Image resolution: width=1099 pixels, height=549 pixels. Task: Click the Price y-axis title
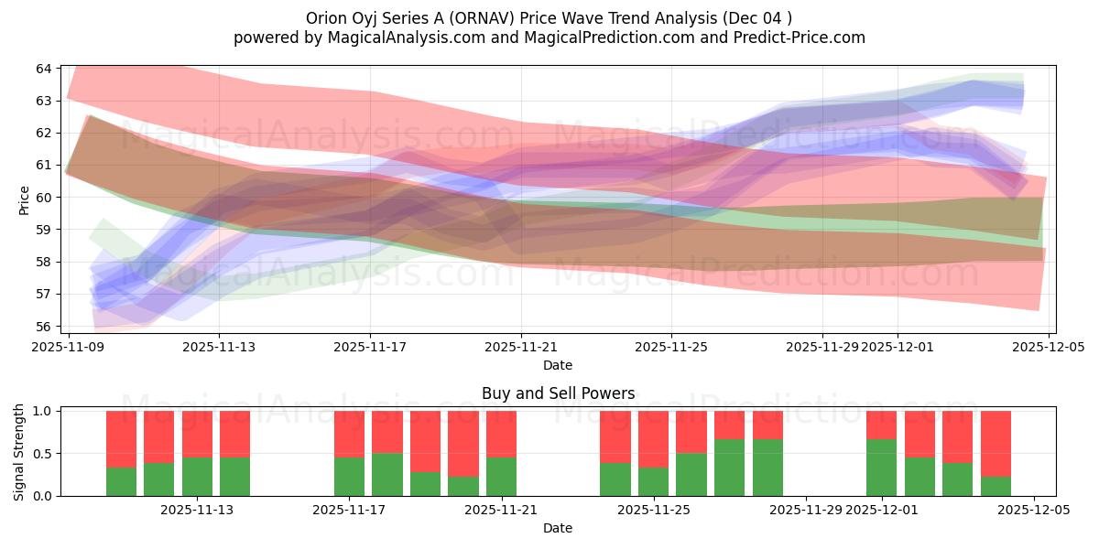tap(24, 199)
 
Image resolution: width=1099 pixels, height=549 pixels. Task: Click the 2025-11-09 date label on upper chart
tap(69, 347)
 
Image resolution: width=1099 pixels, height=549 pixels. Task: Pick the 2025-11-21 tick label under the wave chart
tap(521, 347)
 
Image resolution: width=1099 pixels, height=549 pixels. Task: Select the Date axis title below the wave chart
tap(558, 365)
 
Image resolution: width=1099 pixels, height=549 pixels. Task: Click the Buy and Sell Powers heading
tap(558, 393)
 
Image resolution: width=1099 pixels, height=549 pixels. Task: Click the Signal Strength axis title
tap(19, 453)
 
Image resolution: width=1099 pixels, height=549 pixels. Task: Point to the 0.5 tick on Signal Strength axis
tap(44, 454)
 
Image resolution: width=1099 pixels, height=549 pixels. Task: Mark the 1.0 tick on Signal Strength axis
tap(44, 411)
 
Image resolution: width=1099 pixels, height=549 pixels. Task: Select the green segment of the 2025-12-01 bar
tap(881, 468)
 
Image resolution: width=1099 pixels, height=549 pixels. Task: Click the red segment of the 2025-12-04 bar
tap(996, 444)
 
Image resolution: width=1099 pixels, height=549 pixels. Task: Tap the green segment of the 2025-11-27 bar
tap(729, 468)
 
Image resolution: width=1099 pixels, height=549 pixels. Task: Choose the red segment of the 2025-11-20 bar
tap(462, 444)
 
